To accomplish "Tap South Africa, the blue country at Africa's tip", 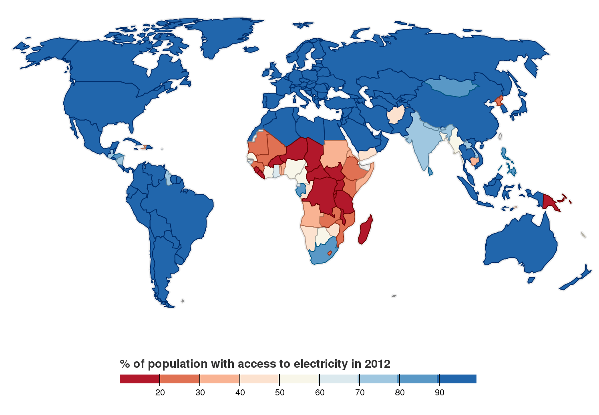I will coord(320,254).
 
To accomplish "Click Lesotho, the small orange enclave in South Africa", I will coord(330,253).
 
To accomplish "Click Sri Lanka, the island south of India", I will coord(430,171).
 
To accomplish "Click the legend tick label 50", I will coord(279,393).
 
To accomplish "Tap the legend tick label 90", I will coord(439,393).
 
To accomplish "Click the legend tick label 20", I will coord(160,393).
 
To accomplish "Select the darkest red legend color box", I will coord(139,379).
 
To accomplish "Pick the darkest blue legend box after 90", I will coord(458,379).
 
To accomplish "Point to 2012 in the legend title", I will coord(377,364).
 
